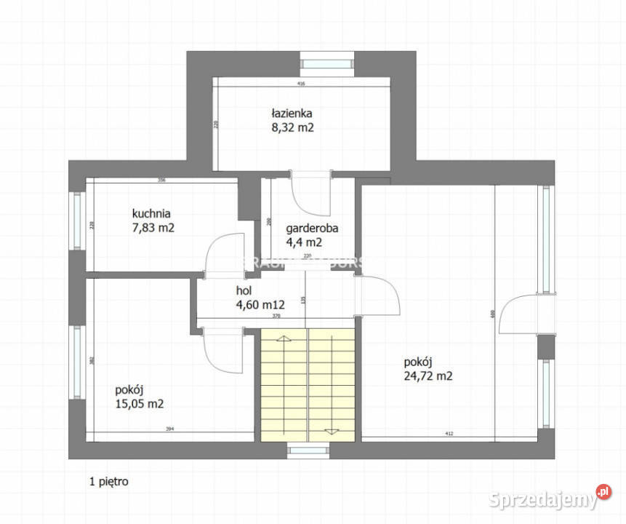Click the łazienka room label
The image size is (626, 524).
(292, 114)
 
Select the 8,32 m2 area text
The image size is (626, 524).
(292, 127)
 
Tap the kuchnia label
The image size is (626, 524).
(151, 214)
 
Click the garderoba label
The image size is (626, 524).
(312, 228)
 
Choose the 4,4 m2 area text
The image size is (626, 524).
(304, 242)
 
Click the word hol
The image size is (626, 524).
(243, 290)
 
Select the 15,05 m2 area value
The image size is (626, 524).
(138, 402)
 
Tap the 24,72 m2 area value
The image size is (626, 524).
(428, 376)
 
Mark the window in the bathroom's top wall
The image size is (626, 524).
(327, 63)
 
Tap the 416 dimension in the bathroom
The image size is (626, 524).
(302, 84)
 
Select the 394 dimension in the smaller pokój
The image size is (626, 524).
(169, 429)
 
